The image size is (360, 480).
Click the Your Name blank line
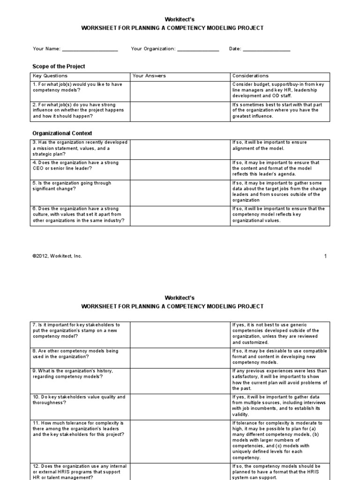pyautogui.click(x=90, y=49)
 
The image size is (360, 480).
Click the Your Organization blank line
pyautogui.click(x=198, y=49)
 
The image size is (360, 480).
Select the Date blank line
pyautogui.click(x=266, y=49)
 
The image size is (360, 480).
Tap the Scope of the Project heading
pyautogui.click(x=59, y=66)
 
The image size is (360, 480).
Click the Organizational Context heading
pyautogui.click(x=62, y=133)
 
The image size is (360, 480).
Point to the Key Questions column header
pyautogui.click(x=50, y=76)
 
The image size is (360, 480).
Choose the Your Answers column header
pyautogui.click(x=149, y=76)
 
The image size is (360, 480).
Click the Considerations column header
pyautogui.click(x=250, y=76)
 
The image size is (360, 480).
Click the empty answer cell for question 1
pyautogui.click(x=180, y=90)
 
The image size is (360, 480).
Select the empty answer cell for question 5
pyautogui.click(x=180, y=191)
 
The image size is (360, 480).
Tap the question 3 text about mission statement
pyautogui.click(x=79, y=148)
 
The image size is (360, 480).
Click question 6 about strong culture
pyautogui.click(x=79, y=215)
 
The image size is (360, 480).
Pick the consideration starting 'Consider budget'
pyautogui.click(x=280, y=90)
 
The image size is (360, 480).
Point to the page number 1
pyautogui.click(x=325, y=256)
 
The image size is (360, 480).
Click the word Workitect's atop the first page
pyautogui.click(x=180, y=19)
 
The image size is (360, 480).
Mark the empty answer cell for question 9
pyautogui.click(x=180, y=379)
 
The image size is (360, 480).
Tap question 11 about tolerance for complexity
pyautogui.click(x=79, y=429)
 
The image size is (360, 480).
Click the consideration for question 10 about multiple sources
pyautogui.click(x=280, y=405)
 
